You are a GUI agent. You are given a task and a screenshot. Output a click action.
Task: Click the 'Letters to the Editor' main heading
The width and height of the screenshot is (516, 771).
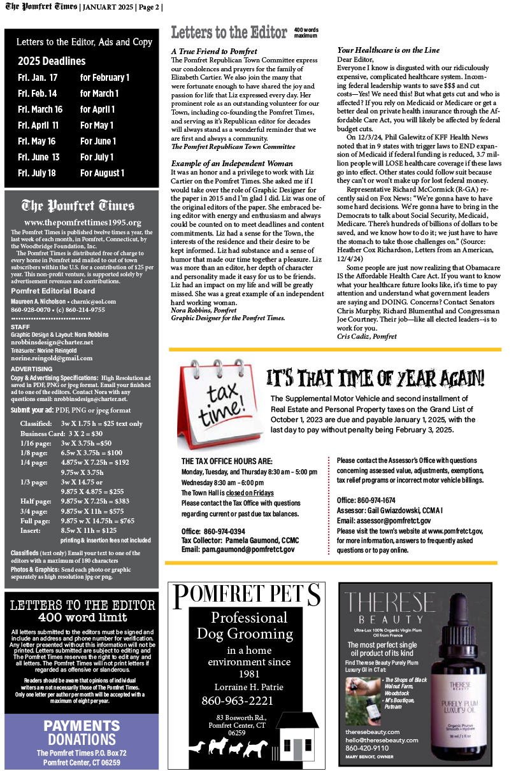[x=230, y=32]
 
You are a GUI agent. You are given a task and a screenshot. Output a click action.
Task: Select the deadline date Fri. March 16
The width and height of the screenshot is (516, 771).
[x=39, y=110]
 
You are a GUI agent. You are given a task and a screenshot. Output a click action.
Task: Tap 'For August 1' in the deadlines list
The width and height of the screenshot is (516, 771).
[x=102, y=173]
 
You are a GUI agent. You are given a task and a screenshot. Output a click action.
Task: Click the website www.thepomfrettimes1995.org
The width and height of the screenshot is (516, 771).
[x=82, y=222]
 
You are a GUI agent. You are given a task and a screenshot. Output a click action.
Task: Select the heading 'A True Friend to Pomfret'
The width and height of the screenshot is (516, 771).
[x=214, y=51]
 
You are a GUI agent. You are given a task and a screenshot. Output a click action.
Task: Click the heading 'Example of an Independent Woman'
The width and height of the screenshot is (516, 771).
[x=232, y=164]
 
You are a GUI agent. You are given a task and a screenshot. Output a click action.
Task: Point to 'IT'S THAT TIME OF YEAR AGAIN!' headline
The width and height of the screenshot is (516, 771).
[x=375, y=379]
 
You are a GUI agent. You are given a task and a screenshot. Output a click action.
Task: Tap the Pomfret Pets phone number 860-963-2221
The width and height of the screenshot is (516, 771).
[x=238, y=701]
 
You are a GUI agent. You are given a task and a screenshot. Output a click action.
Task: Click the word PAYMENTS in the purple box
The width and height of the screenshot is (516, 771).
[x=81, y=726]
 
